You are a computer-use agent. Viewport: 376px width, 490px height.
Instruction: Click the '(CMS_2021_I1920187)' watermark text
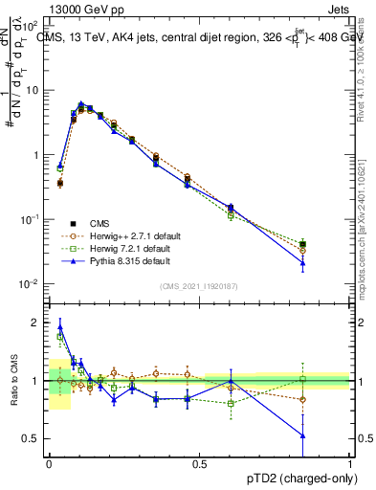199,285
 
